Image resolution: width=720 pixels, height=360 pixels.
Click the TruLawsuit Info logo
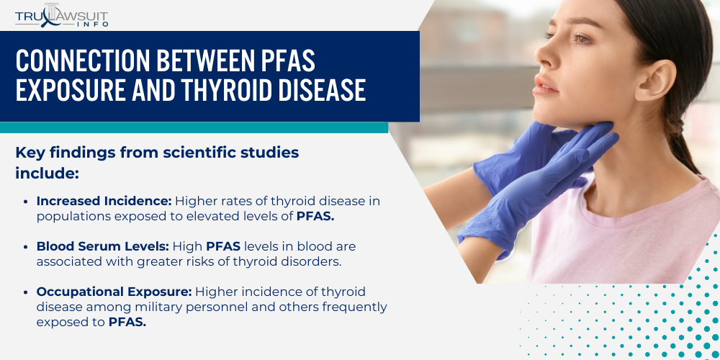point(63,15)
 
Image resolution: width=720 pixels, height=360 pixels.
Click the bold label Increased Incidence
point(104,201)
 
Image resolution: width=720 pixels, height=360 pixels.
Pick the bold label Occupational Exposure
point(114,292)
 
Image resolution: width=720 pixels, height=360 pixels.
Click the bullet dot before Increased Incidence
point(27,202)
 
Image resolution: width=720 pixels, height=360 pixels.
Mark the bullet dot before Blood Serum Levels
point(27,247)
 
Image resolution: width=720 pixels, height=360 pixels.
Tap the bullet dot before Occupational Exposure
point(27,292)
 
